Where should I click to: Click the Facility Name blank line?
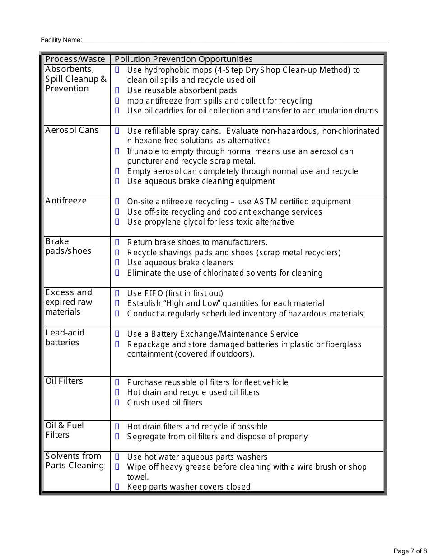(235, 41)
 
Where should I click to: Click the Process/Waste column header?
(75, 59)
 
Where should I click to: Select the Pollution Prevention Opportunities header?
(183, 59)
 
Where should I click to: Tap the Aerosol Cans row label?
(72, 130)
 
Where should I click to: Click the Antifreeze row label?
(66, 201)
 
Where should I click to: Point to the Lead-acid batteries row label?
(65, 338)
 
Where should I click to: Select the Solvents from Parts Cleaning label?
(75, 461)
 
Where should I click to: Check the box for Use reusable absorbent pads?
(117, 90)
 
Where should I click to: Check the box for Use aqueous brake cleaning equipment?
(117, 181)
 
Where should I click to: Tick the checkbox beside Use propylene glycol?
(117, 222)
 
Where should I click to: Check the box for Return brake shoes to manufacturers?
(117, 242)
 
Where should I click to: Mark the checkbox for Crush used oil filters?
(117, 403)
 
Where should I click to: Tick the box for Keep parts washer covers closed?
(117, 487)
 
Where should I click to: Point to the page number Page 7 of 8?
(410, 551)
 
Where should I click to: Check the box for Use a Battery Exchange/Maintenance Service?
(117, 334)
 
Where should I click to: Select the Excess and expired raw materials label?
(69, 302)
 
